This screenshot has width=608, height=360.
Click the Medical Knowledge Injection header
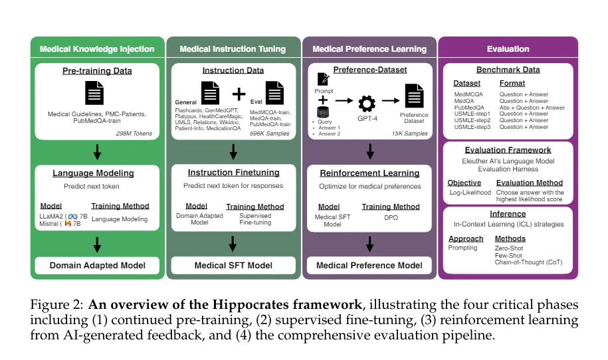pyautogui.click(x=97, y=48)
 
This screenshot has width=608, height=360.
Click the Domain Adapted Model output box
pyautogui.click(x=97, y=266)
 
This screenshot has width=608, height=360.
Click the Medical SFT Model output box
pyautogui.click(x=233, y=266)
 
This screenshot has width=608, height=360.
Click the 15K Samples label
pyautogui.click(x=407, y=134)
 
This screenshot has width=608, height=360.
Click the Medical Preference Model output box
pyautogui.click(x=369, y=266)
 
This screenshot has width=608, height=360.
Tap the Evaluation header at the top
pyautogui.click(x=508, y=48)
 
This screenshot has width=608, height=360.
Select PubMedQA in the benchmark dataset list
pyautogui.click(x=468, y=107)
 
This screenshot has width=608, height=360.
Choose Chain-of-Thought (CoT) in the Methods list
pyautogui.click(x=529, y=262)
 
